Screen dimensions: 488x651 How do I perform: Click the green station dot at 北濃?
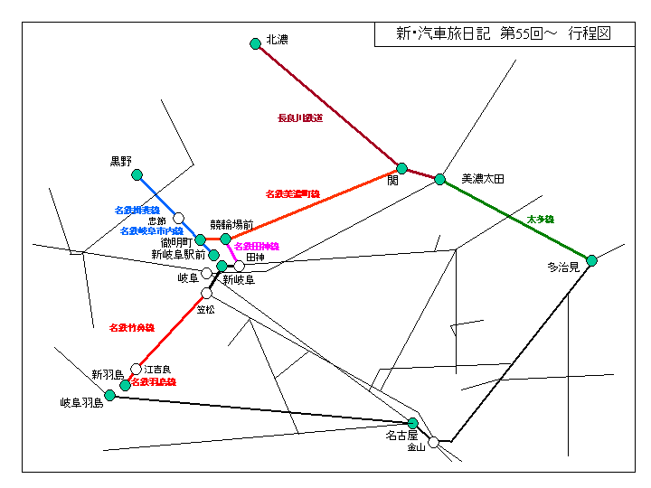click(255, 42)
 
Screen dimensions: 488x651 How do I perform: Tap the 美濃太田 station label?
click(482, 179)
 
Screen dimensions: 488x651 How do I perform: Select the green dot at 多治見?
click(591, 260)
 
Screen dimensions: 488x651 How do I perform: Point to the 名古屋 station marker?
click(413, 423)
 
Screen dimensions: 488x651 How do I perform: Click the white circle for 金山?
click(434, 442)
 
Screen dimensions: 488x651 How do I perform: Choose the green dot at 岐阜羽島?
click(110, 395)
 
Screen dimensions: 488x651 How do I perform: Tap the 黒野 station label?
click(121, 161)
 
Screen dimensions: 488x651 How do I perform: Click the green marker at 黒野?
click(137, 174)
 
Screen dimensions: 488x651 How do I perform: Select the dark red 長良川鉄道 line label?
click(300, 117)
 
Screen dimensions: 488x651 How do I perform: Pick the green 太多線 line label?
click(540, 220)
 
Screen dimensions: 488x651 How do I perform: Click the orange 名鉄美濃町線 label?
click(293, 193)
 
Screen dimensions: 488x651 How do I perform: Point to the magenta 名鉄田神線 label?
click(257, 246)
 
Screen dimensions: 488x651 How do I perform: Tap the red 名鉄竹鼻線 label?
click(132, 327)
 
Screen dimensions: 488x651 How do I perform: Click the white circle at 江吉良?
click(137, 369)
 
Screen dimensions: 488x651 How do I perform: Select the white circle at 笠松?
click(206, 294)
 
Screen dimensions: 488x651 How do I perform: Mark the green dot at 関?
click(401, 168)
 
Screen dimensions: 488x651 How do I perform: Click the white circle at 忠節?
click(179, 218)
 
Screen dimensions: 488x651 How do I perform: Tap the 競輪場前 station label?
click(231, 225)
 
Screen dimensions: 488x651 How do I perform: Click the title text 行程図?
click(590, 33)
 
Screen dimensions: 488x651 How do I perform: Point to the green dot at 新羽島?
click(126, 385)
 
